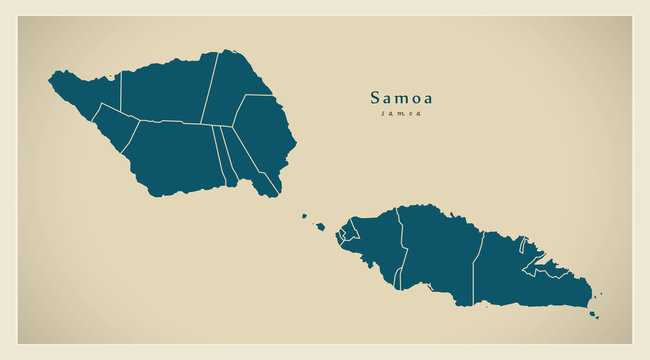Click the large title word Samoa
pos(401,98)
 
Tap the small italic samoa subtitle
pos(401,113)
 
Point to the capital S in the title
pos(376,98)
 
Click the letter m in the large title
pos(401,99)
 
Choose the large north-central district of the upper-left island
pos(165,90)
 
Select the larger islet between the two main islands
pos(321,226)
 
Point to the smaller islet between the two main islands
pos(304,214)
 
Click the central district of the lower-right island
pos(440,250)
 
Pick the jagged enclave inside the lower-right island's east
pos(548,268)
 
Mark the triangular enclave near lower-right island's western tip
pos(347,233)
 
